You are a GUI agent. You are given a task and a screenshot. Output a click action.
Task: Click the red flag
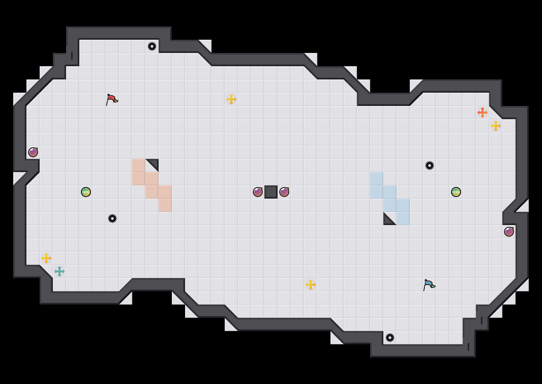pos(112,99)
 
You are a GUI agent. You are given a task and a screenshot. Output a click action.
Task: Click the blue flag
pos(429,284)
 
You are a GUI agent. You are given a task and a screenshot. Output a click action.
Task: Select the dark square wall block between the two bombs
pos(271,192)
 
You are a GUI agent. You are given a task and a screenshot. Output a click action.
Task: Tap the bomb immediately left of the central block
pos(258,192)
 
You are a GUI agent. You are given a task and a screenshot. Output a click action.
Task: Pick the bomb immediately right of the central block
pos(284,192)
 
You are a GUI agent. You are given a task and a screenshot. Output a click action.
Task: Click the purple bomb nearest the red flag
pos(33,152)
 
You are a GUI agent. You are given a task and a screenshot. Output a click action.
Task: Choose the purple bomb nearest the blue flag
pos(509,232)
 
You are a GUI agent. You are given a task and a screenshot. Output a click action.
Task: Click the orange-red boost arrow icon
pos(483,113)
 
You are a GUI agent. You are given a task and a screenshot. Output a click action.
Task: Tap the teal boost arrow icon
pos(59,271)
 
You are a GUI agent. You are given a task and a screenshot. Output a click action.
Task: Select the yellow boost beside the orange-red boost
pos(496,126)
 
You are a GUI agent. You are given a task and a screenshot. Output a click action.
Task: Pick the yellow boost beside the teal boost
pos(46,258)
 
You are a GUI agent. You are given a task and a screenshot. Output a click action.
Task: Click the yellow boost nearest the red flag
pos(231,99)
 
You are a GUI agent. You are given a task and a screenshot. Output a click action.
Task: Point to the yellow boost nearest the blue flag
pos(311,285)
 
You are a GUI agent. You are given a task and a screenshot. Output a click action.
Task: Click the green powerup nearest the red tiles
pos(86,192)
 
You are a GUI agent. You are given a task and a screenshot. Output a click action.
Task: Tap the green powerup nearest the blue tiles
pos(456,192)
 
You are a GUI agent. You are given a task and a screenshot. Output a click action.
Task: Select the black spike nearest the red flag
pos(152,46)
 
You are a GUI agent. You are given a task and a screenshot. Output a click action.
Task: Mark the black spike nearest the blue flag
pos(390,338)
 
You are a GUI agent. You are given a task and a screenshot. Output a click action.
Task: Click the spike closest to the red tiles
pos(112,218)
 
